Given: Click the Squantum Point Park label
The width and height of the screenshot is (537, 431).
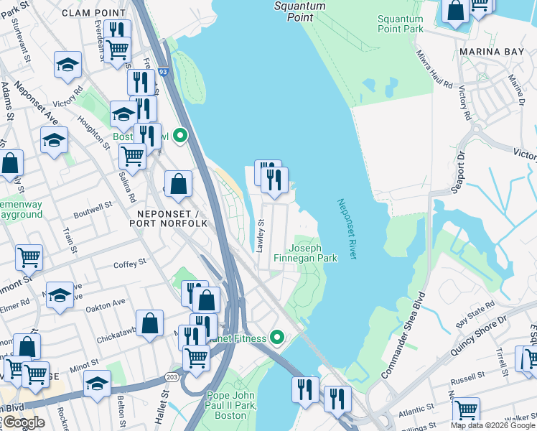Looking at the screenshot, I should pyautogui.click(x=400, y=22).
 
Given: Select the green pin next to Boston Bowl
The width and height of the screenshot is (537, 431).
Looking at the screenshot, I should pyautogui.click(x=182, y=135).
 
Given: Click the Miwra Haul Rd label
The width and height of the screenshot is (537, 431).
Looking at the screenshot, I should pyautogui.click(x=434, y=68).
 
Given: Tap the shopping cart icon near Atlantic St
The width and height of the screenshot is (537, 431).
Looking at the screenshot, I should pyautogui.click(x=466, y=410).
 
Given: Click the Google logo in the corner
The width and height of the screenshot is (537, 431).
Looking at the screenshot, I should pyautogui.click(x=23, y=422).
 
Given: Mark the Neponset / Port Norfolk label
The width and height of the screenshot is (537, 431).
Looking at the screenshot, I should pyautogui.click(x=168, y=218).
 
